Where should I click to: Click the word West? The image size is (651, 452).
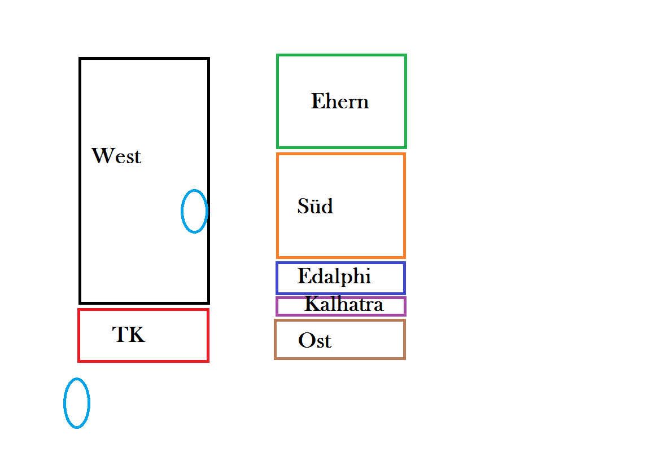click(116, 156)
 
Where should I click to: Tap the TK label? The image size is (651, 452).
click(129, 335)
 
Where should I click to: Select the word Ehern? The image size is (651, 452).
click(340, 102)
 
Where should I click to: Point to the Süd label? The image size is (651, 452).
click(315, 207)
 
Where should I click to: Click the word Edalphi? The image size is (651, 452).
click(334, 277)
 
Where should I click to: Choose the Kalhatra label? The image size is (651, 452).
click(344, 305)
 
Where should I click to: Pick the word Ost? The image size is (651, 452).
click(314, 341)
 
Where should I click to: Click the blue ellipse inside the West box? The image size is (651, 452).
click(194, 211)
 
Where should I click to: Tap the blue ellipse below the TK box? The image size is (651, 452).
click(77, 403)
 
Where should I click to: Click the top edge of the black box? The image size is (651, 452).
click(144, 59)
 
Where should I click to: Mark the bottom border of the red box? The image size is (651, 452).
click(143, 360)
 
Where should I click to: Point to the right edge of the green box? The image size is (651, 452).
click(405, 102)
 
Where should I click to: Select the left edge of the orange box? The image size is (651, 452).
click(278, 205)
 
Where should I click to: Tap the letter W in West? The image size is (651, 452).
click(102, 156)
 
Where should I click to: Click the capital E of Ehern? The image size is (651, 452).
click(317, 102)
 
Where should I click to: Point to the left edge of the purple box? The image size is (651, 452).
click(277, 306)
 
